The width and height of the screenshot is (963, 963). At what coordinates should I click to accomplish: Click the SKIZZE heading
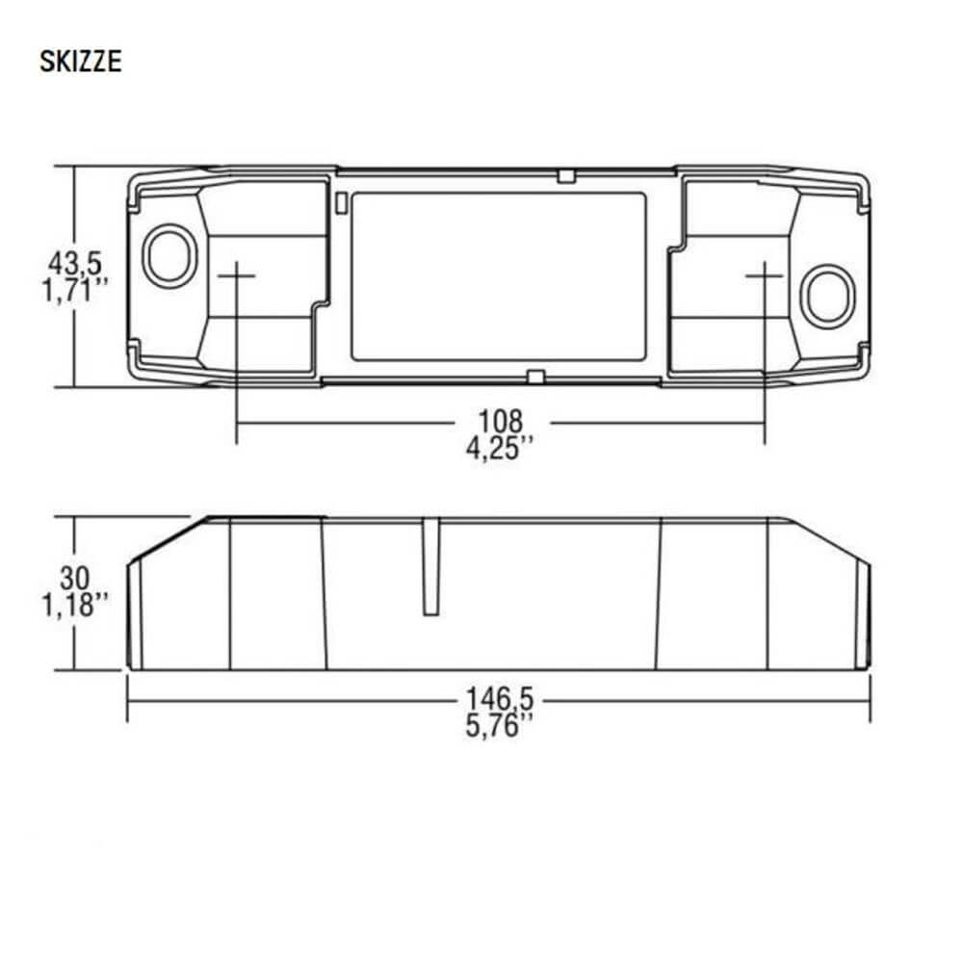tap(81, 62)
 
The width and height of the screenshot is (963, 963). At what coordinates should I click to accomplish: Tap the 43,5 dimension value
tap(75, 264)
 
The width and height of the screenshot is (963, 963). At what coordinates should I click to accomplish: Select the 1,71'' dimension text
tap(75, 290)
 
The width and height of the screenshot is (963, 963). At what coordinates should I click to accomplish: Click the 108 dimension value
tap(501, 422)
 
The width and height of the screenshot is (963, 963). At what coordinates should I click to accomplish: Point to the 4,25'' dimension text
tap(499, 448)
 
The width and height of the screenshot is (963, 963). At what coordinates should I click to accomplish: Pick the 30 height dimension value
tap(75, 579)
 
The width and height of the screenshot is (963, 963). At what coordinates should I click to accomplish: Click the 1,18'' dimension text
tap(75, 605)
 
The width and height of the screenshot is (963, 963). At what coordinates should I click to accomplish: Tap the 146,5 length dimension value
tap(500, 699)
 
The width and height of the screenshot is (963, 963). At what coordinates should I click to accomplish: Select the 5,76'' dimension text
tap(499, 725)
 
